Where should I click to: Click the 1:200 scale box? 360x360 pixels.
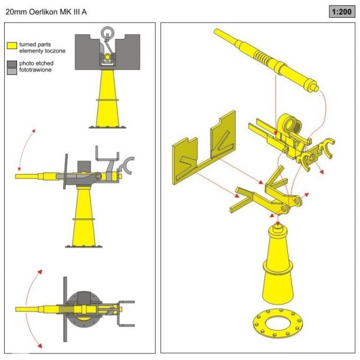coord(342,12)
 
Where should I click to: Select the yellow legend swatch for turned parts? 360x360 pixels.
coord(12,45)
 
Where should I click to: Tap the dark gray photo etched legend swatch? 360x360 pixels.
coord(12,64)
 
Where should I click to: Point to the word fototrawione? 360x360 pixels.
coord(35,70)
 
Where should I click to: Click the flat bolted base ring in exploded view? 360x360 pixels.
coord(277,323)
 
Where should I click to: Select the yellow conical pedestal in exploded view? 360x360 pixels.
coord(278,264)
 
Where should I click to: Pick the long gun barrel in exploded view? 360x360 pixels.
coord(266,60)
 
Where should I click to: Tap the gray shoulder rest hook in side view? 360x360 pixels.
coord(127,165)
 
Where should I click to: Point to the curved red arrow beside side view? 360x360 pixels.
coord(26,150)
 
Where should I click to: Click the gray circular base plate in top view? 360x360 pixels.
coord(84,309)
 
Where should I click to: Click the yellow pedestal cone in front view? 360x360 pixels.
coord(107,99)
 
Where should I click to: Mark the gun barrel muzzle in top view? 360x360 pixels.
coord(16,309)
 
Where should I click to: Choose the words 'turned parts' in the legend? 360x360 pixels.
coord(35,44)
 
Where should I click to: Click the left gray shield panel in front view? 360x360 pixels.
coord(87,52)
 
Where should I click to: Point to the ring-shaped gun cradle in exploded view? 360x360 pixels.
coord(291,125)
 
